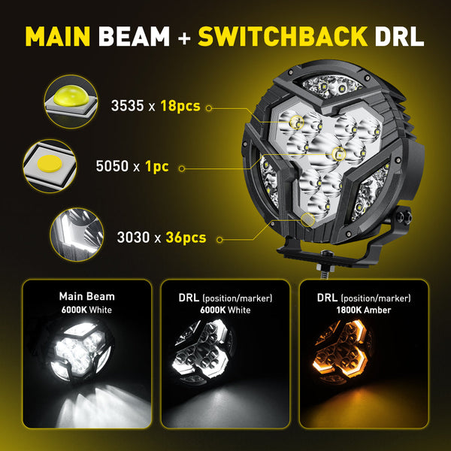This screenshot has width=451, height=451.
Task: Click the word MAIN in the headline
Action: (x=58, y=36)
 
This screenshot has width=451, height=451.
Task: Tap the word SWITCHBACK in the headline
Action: (x=283, y=36)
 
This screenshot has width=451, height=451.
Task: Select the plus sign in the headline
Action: (x=184, y=38)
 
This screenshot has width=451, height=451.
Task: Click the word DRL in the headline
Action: (x=399, y=36)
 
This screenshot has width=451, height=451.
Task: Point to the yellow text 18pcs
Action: (x=180, y=106)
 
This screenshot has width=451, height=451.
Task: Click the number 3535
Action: (x=128, y=105)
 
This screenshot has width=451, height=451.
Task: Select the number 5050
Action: (x=112, y=166)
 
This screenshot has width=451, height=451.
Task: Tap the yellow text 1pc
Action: (x=157, y=167)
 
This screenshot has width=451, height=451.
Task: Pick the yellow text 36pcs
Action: (x=186, y=238)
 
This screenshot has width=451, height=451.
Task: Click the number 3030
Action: (x=133, y=238)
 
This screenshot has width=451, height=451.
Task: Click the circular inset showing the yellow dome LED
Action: (x=71, y=101)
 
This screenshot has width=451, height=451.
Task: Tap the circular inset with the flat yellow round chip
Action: (x=50, y=166)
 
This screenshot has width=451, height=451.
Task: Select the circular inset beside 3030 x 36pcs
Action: (x=77, y=235)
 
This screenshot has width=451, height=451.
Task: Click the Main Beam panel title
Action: (x=87, y=297)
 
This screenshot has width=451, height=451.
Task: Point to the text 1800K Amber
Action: (x=364, y=310)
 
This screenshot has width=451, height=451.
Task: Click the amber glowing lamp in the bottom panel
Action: (x=341, y=350)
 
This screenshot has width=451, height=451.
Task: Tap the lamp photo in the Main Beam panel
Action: (x=80, y=352)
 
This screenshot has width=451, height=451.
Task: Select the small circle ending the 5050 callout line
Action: (x=182, y=168)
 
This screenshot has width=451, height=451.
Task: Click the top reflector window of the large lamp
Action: (x=333, y=86)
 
